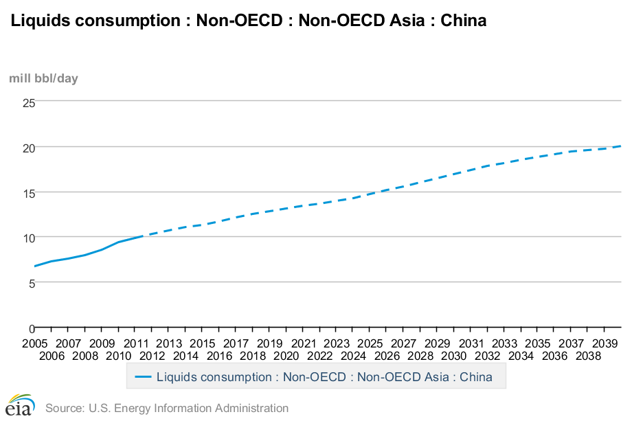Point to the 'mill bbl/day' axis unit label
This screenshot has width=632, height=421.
point(43,78)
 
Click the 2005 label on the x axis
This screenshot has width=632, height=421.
point(34,343)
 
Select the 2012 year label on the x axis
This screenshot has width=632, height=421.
point(152,356)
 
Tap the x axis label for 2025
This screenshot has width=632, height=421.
point(370,343)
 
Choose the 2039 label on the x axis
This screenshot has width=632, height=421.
point(604,343)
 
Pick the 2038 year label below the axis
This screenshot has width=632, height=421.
point(587,356)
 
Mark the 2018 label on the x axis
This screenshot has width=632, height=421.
point(253,356)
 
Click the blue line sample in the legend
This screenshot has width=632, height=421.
point(143,377)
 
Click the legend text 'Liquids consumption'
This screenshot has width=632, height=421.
point(214,377)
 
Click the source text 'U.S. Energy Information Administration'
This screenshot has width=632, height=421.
point(188,408)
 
